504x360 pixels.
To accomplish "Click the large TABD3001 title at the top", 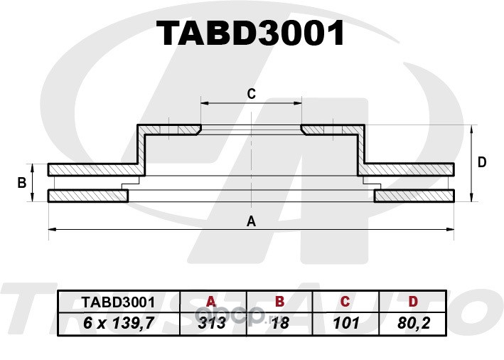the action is pos(250,33).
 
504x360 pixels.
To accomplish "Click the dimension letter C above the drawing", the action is pos(252,94).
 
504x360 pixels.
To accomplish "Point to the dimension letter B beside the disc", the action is pos(22,183).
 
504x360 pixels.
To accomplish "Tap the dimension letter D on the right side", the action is pos(482,162).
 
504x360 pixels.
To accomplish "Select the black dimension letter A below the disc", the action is pos(251,221).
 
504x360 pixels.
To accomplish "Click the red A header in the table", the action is pos(211,302).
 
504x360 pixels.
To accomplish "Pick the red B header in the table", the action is pos(279,302).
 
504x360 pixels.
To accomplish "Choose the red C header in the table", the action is pos(345,302).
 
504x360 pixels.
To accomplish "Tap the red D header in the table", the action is pos(413,302).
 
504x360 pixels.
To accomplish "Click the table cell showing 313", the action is pos(212,323).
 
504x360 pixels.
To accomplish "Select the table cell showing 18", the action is pos(280,323).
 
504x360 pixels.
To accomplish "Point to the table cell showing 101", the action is pos(346,323).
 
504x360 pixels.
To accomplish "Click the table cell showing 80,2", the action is pos(414,323).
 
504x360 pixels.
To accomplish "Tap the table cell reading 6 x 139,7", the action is pos(119,323).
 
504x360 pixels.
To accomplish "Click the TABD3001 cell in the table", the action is pos(118,302).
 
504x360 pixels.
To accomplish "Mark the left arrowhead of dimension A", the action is pos(52,229).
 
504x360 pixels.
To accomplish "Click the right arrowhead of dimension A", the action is pos(450,229).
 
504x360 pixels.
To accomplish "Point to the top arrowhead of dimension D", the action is pos(471,129).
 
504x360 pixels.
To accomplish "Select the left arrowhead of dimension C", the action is pos(205,103).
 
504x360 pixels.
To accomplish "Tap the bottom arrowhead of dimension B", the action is pos(32,198).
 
